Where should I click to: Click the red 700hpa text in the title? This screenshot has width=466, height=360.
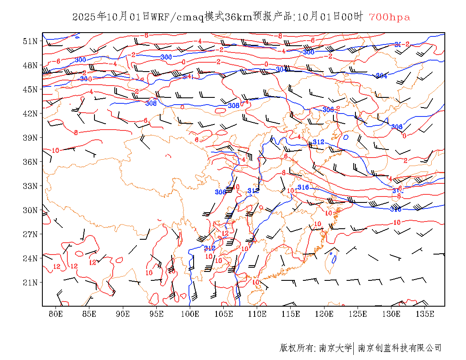click(x=389, y=17)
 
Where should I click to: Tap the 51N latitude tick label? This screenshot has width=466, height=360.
click(x=31, y=41)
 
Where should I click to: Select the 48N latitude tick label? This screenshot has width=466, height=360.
click(x=31, y=65)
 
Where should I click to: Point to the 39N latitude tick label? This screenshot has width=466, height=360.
click(x=31, y=138)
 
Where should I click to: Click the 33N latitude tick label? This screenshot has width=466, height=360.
click(x=31, y=186)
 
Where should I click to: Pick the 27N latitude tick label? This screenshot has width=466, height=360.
click(x=31, y=234)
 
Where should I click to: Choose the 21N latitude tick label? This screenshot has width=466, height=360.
click(x=31, y=282)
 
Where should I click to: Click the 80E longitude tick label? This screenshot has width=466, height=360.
click(x=56, y=314)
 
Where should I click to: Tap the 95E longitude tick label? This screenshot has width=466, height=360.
click(x=157, y=314)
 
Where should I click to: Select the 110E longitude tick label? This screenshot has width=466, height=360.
click(x=257, y=314)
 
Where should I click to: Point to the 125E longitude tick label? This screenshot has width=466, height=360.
click(x=358, y=314)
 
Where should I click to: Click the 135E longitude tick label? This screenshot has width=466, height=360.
click(x=425, y=314)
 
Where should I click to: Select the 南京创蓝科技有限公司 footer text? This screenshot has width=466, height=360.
click(x=400, y=348)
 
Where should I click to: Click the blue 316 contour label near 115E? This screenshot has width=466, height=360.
click(x=303, y=187)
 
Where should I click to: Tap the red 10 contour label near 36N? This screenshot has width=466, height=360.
click(x=55, y=150)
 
